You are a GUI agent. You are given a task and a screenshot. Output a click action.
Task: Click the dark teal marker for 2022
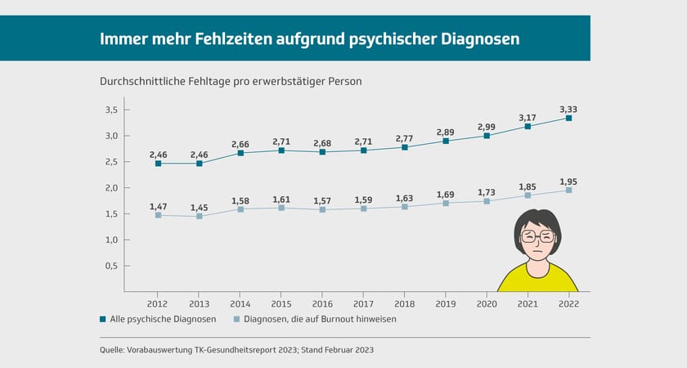(x=568, y=119)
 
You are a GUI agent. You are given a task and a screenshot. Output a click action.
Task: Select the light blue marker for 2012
(x=158, y=215)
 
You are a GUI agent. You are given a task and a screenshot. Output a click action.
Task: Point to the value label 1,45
(x=199, y=208)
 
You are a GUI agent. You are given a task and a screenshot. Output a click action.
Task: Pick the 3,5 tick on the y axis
(x=112, y=110)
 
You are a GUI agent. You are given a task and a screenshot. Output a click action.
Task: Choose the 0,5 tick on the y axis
(x=112, y=266)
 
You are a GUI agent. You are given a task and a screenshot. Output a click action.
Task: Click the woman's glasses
(x=537, y=237)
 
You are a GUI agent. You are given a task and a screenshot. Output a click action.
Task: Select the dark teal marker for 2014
(x=240, y=153)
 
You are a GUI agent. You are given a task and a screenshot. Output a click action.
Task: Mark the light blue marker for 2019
(x=446, y=203)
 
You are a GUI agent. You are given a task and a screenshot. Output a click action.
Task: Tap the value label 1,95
(x=568, y=182)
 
